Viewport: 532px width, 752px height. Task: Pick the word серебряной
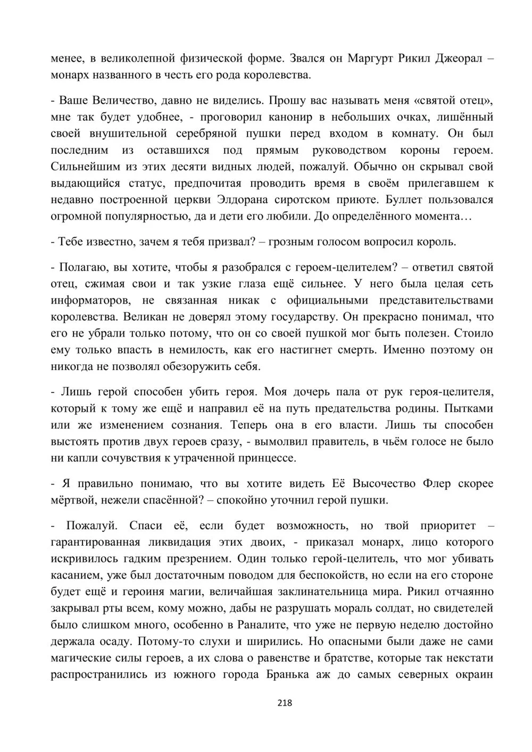pos(207,133)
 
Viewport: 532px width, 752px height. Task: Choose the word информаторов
pos(91,300)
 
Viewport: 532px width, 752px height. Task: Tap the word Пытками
pos(467,408)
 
